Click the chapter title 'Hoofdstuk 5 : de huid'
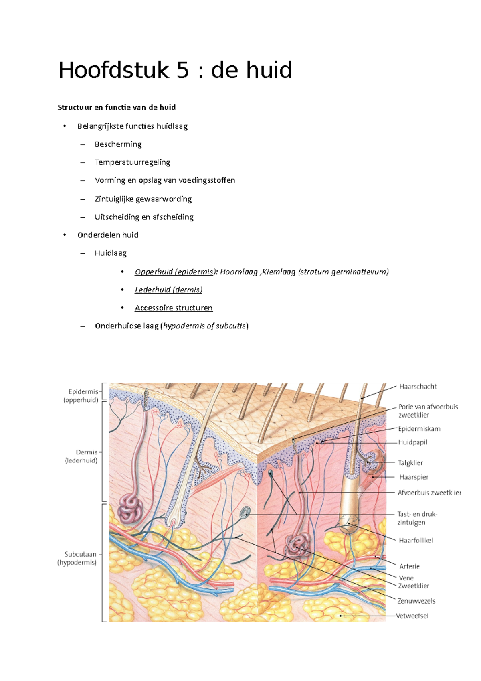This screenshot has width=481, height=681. (175, 70)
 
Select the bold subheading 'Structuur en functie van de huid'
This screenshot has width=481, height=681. (117, 107)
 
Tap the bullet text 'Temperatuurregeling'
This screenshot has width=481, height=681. (132, 162)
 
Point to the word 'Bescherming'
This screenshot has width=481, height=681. (118, 144)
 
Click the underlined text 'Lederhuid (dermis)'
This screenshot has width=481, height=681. (168, 290)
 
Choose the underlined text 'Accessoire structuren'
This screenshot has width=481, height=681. (174, 308)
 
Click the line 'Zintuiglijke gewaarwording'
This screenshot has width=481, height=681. (143, 199)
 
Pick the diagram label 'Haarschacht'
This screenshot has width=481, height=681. (418, 387)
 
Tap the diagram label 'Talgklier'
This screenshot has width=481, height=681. (410, 463)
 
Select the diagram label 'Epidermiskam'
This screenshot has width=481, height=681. (419, 429)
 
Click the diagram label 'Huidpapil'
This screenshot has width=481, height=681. (412, 442)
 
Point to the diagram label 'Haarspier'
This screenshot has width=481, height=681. (414, 477)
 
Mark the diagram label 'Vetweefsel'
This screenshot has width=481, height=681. (412, 616)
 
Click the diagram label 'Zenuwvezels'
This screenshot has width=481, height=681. (416, 601)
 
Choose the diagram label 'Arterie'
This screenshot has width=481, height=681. (409, 566)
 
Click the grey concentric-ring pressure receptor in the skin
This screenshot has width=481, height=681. (245, 512)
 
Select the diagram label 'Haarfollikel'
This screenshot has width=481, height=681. (416, 541)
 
